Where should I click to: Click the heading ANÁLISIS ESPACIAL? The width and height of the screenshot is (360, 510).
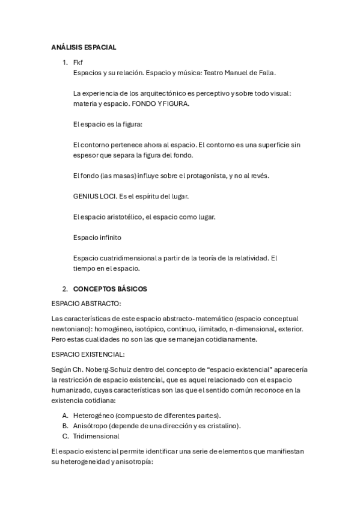[84, 47]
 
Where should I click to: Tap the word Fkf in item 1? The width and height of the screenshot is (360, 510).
[78, 63]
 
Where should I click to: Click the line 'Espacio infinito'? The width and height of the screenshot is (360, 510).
[97, 237]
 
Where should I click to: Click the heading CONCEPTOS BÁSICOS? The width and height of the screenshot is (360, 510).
[110, 289]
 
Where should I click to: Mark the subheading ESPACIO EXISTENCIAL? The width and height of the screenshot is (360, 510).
[88, 355]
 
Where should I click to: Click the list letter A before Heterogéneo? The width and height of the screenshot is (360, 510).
[65, 416]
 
